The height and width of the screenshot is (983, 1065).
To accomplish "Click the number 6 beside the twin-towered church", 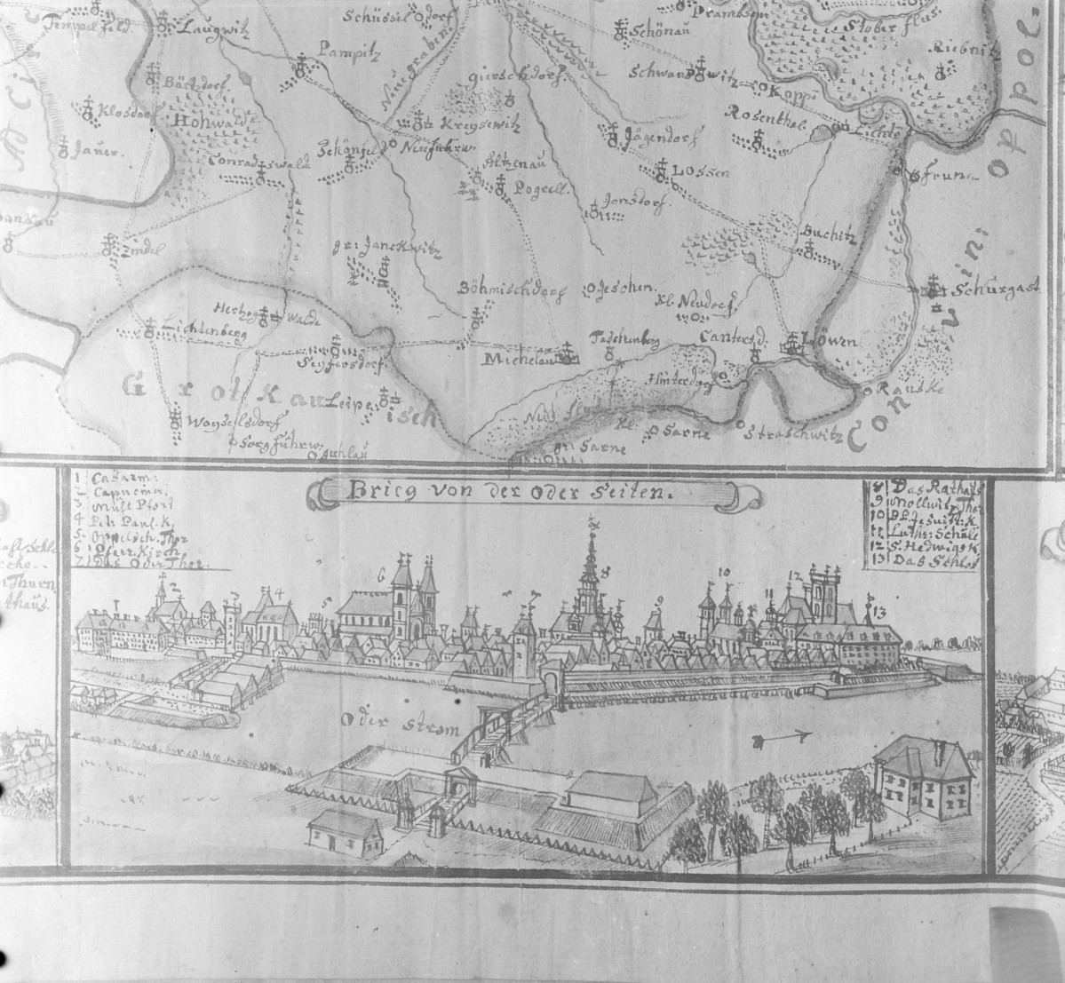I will point(383,575).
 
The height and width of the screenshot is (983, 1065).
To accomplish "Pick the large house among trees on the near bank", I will point(921,777).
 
